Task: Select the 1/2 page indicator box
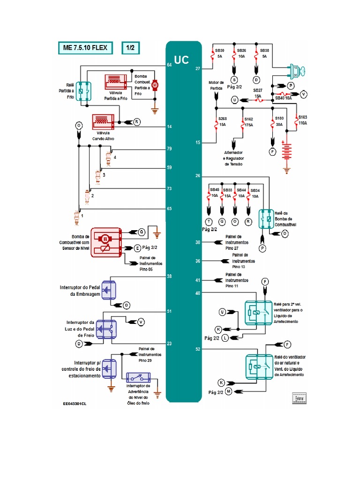pyautogui.click(x=131, y=48)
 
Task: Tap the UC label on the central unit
pyautogui.click(x=181, y=60)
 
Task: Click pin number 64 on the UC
pyautogui.click(x=169, y=65)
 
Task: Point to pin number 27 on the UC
pyautogui.click(x=198, y=68)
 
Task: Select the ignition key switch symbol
pyautogui.click(x=297, y=71)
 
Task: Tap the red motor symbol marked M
pyautogui.click(x=156, y=84)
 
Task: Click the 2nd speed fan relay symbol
pyautogui.click(x=256, y=312)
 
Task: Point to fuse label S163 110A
pyautogui.click(x=302, y=120)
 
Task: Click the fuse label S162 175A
pyautogui.click(x=248, y=122)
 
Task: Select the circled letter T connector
pyautogui.click(x=209, y=221)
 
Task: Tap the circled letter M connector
pyautogui.click(x=229, y=390)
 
